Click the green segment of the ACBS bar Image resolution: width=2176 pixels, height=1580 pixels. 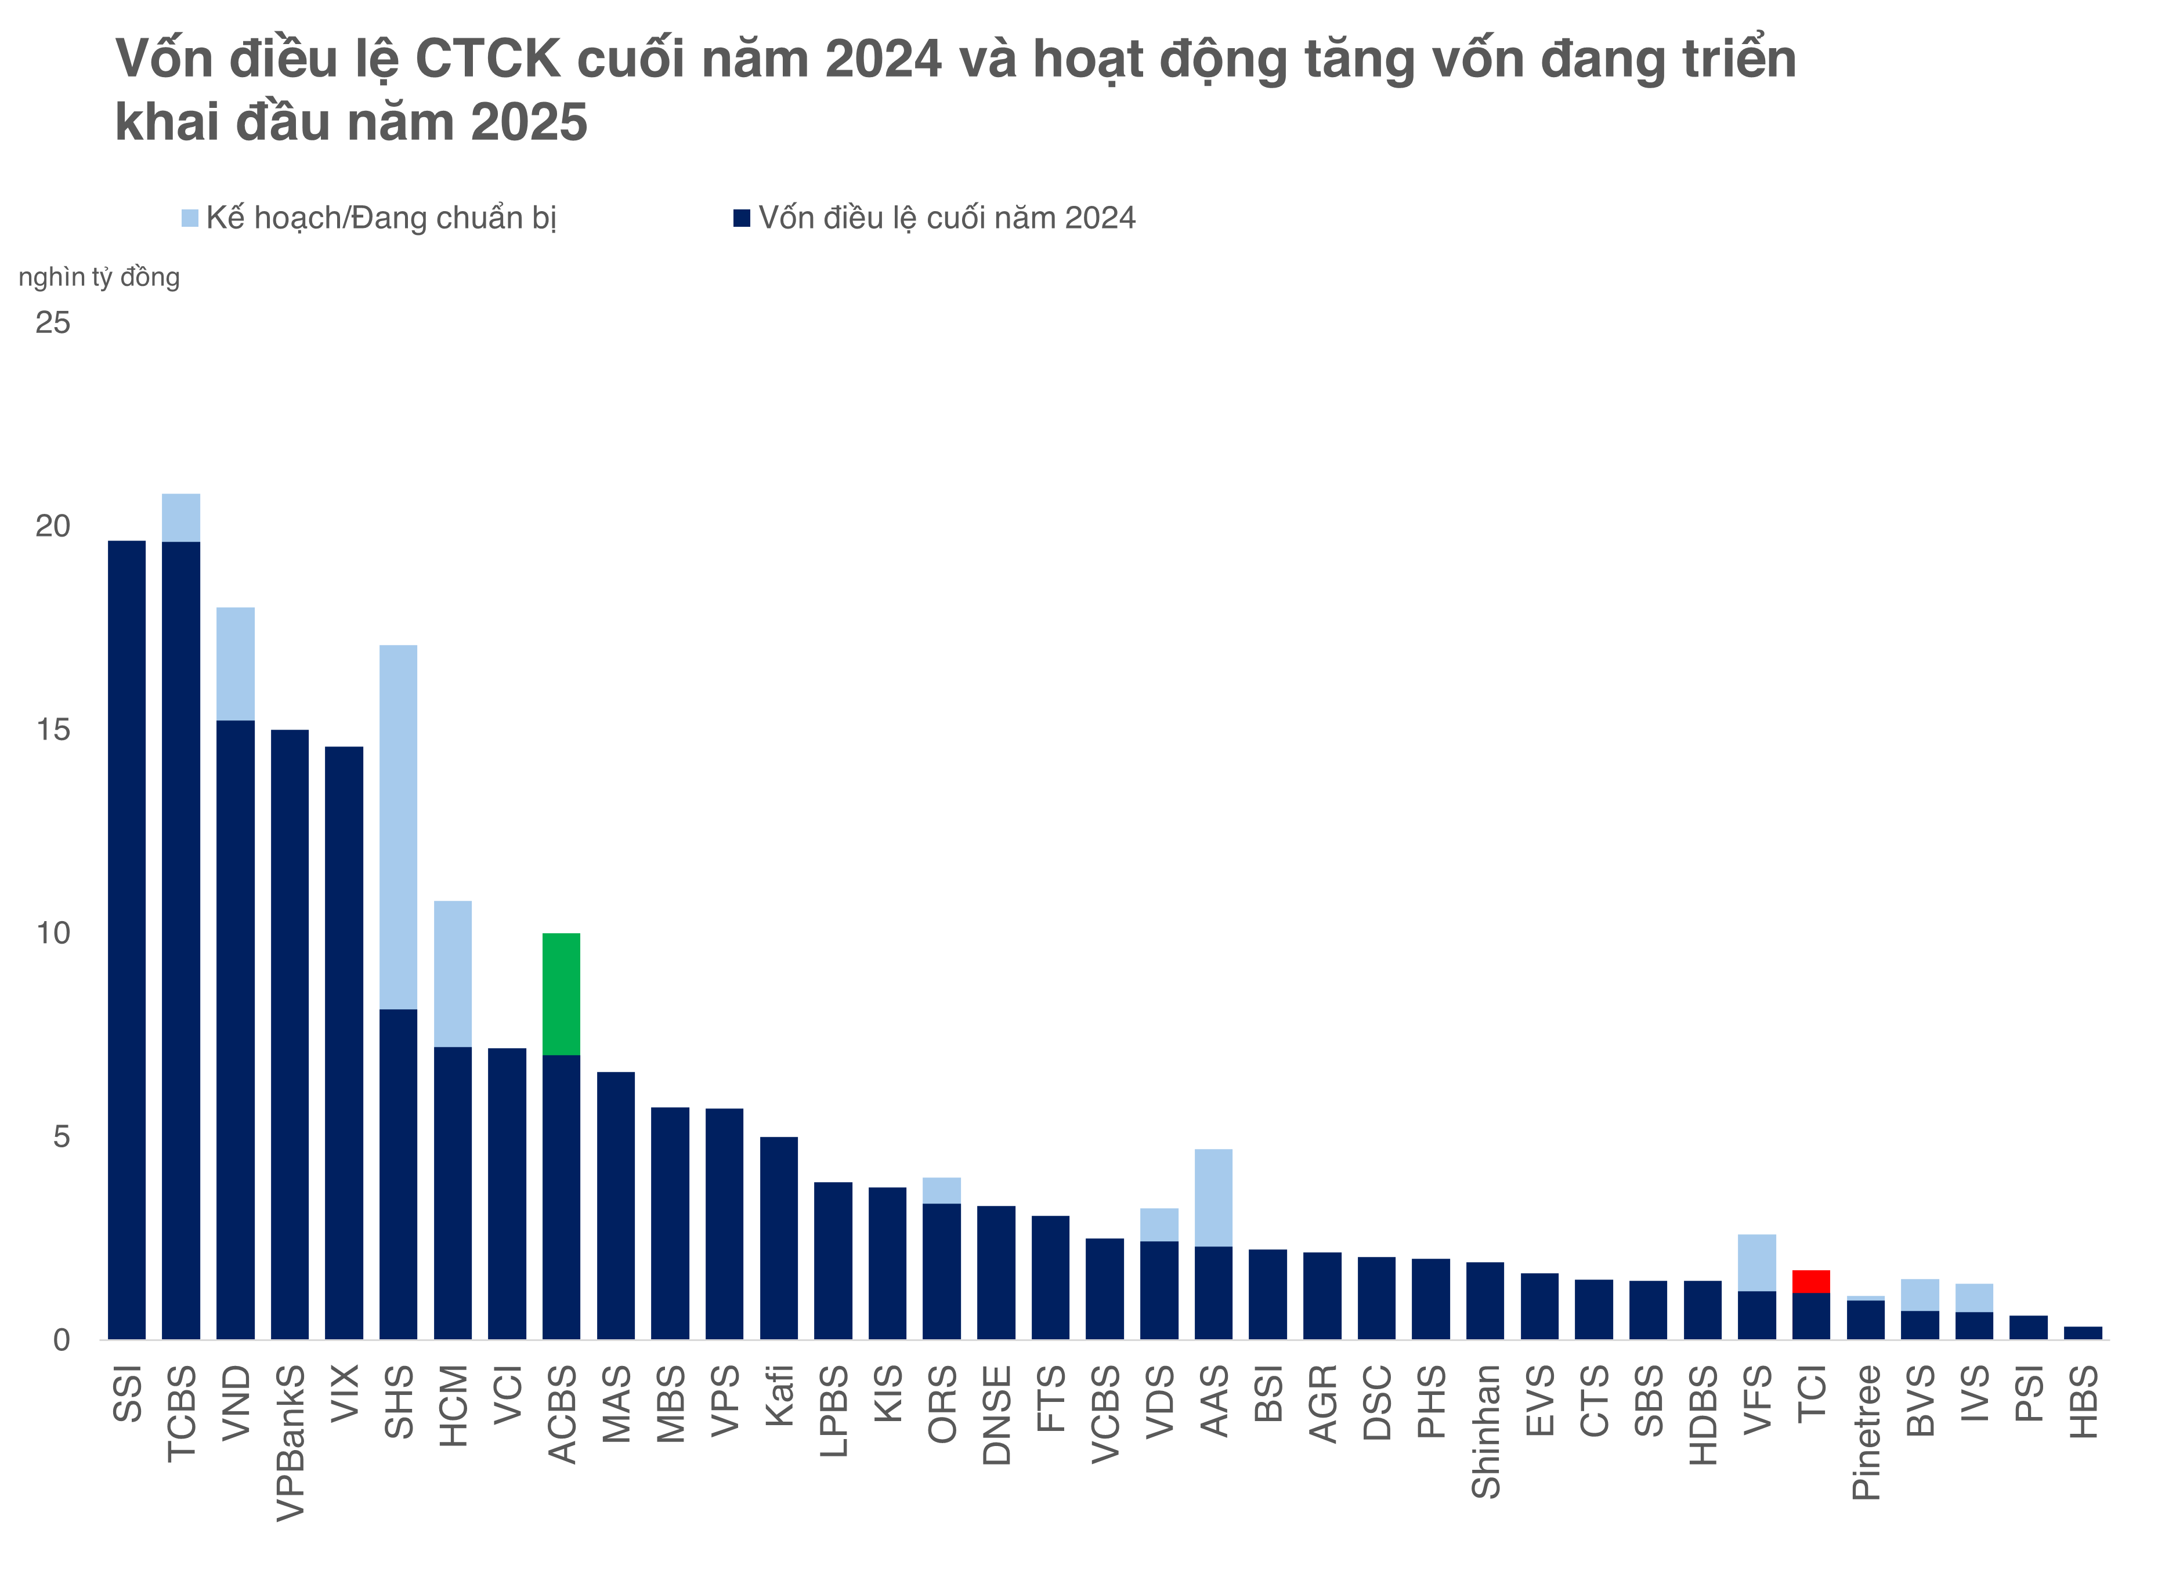(x=561, y=993)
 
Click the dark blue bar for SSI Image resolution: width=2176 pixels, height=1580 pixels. (x=126, y=940)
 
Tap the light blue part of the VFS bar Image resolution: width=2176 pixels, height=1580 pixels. (x=1756, y=1263)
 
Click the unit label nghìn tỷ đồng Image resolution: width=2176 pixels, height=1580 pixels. (x=99, y=277)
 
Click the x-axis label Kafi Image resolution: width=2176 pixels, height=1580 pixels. (x=779, y=1395)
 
